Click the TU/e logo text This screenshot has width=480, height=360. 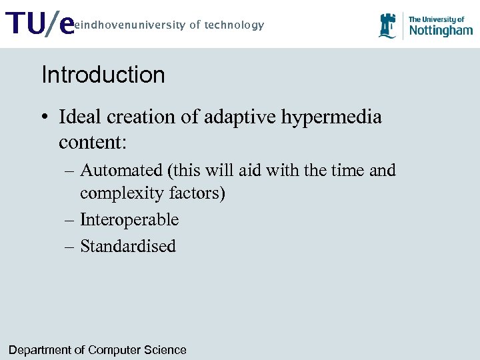point(39,25)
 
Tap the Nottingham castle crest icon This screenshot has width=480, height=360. point(387,26)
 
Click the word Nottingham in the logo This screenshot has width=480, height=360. point(440,30)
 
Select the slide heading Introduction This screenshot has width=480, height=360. point(103,75)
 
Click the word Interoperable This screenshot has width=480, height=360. point(129,220)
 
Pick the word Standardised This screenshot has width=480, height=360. point(128,246)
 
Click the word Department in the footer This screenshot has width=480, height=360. point(41,350)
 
